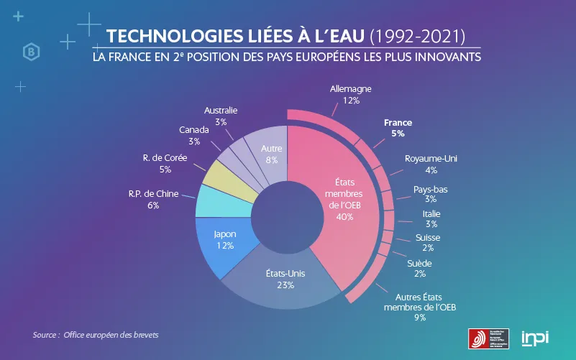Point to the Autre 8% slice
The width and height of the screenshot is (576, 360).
point(268,147)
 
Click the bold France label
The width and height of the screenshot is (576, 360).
point(398,123)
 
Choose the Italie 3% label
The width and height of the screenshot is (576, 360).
point(431,214)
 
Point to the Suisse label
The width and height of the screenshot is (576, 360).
point(428,238)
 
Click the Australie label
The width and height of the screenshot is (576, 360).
point(220,111)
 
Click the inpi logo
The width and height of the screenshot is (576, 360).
point(534,337)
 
